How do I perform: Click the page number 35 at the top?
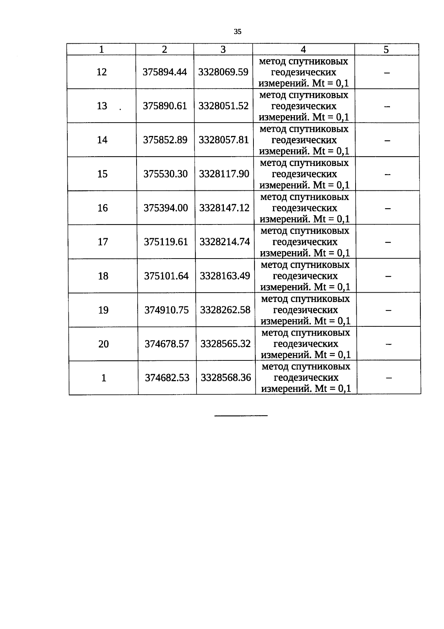point(238,32)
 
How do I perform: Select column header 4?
point(303,50)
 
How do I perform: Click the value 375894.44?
point(165,72)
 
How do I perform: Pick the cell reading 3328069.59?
point(223,72)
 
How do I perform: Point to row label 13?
point(102,106)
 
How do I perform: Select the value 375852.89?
point(165,140)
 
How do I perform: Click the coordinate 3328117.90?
point(224,174)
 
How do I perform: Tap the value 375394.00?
point(166,208)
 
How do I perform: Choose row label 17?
point(102,242)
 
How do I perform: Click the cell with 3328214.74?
point(225,242)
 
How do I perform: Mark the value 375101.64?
point(166,276)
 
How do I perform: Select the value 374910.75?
point(166,310)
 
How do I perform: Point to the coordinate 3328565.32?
point(226,344)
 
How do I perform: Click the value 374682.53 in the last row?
point(167,378)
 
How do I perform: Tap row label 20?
point(104,344)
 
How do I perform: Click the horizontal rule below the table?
point(241,416)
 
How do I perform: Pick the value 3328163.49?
point(225,276)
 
